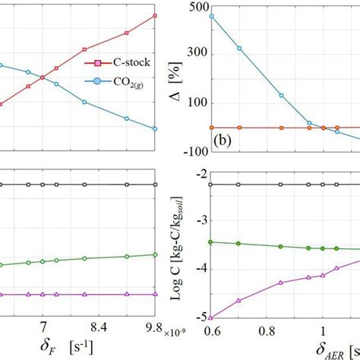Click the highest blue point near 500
pos(211,16)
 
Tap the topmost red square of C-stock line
pos(156,15)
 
